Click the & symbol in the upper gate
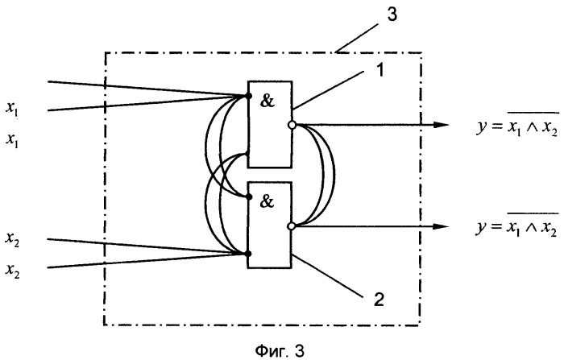[x=267, y=101]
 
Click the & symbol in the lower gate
[x=267, y=202]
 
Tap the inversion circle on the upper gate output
[x=292, y=125]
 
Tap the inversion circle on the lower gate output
[x=292, y=226]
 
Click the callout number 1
[x=379, y=70]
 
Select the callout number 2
[x=379, y=299]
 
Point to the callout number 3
[x=392, y=14]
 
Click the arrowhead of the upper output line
[x=441, y=125]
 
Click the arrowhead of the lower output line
[x=441, y=226]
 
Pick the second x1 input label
[x=12, y=139]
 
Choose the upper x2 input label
[x=12, y=239]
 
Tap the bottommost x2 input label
[x=12, y=271]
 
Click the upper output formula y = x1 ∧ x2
[x=518, y=125]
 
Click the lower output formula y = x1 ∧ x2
[x=518, y=226]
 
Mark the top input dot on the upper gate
[x=248, y=96]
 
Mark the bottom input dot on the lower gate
[x=248, y=254]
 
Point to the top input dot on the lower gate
[x=248, y=197]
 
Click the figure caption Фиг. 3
[x=280, y=350]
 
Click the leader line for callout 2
[x=327, y=276]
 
